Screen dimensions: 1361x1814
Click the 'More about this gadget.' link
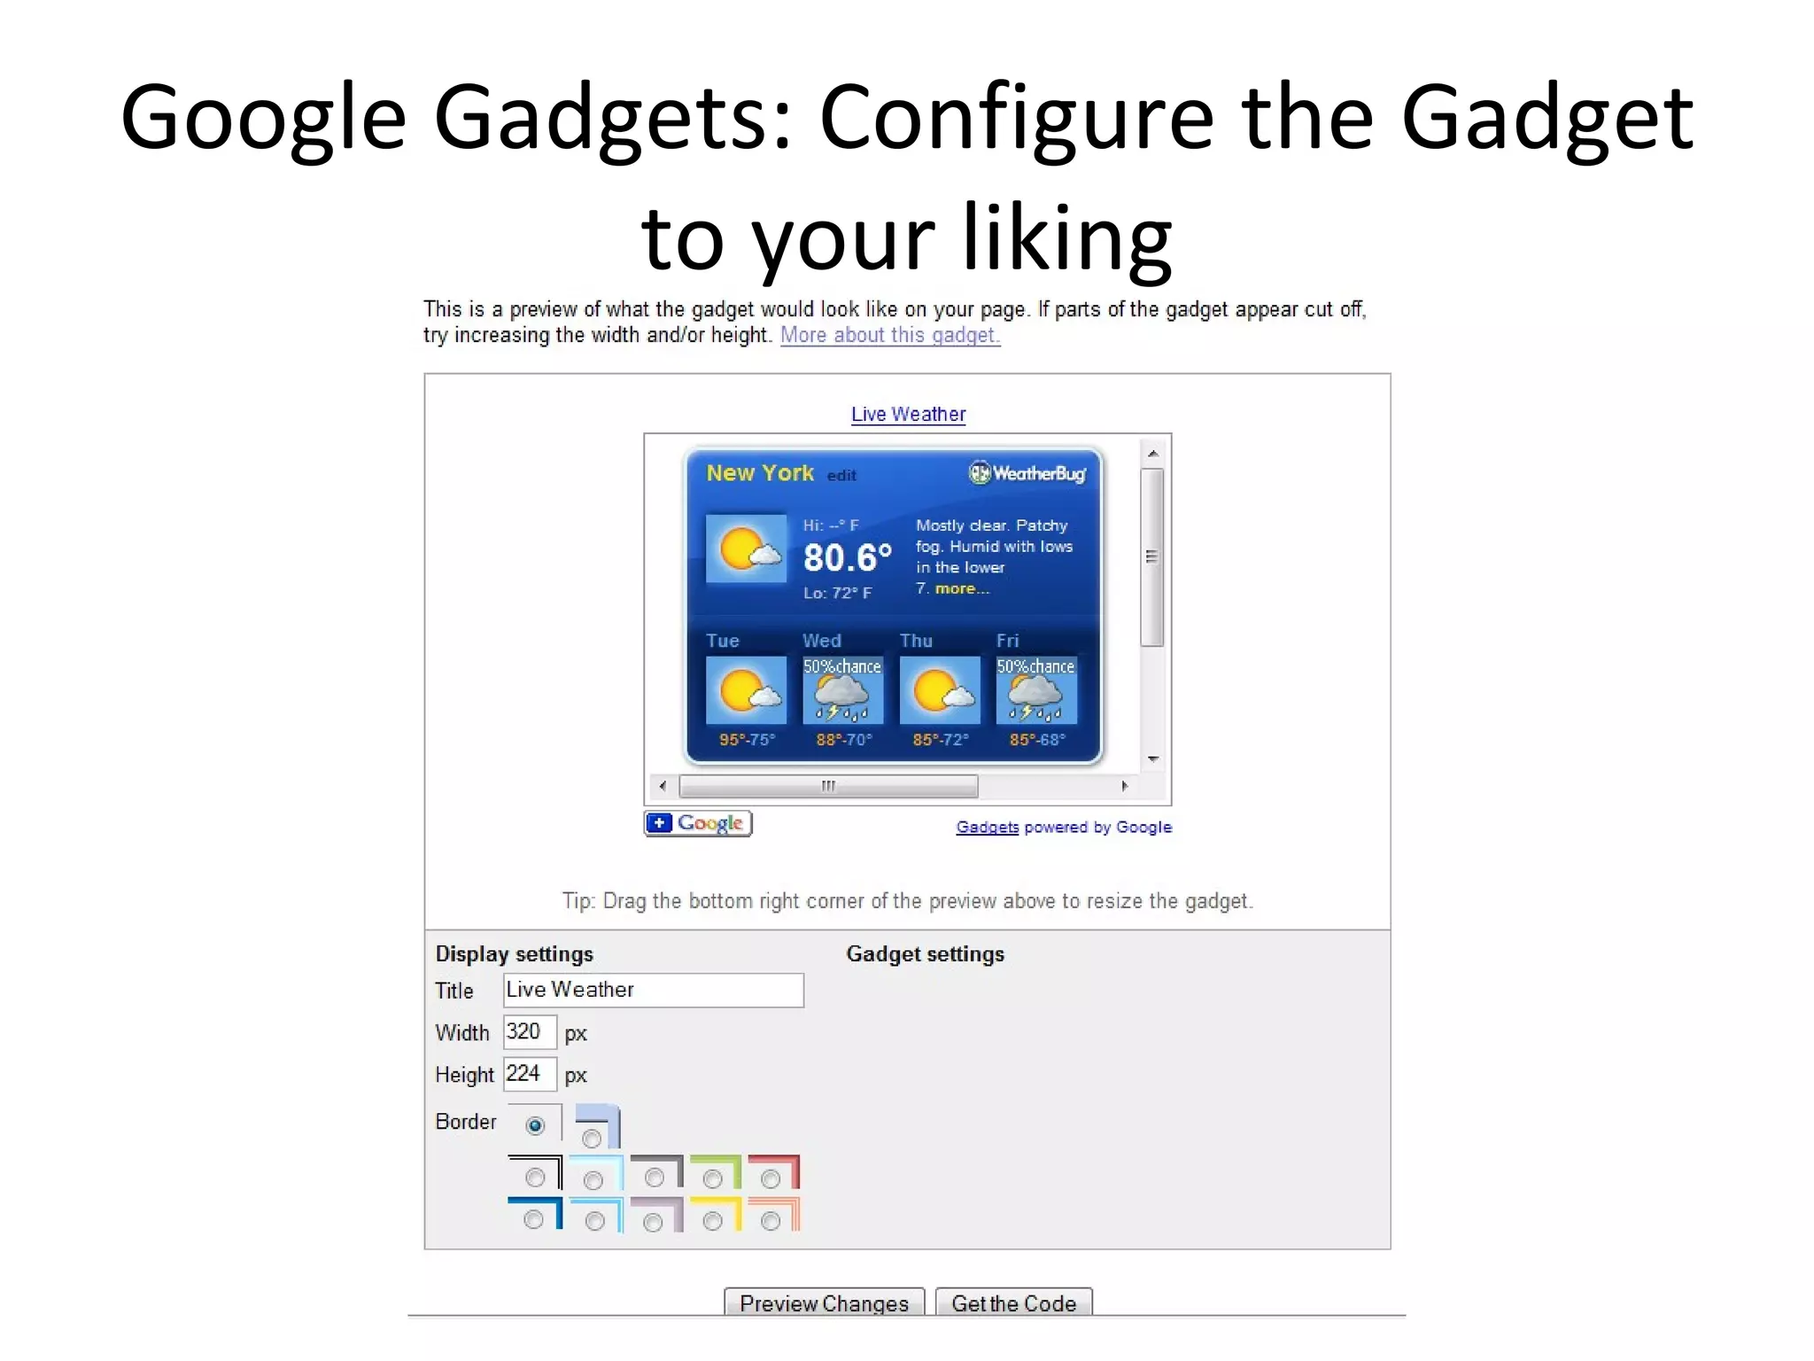tap(889, 336)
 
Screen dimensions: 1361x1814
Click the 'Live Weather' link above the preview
tap(908, 415)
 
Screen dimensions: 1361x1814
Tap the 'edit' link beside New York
tap(841, 476)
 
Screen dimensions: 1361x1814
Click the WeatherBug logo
tap(1027, 473)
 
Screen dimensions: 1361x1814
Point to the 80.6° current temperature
tap(847, 557)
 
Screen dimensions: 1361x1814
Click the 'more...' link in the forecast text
tap(962, 589)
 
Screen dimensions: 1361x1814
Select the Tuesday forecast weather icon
tap(746, 690)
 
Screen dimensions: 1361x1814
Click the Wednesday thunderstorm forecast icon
tap(842, 690)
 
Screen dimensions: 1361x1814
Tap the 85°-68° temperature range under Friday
tap(1037, 740)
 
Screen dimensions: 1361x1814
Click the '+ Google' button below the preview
tap(698, 823)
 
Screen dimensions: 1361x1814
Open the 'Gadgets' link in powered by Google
tap(987, 828)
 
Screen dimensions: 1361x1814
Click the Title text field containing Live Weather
tap(654, 990)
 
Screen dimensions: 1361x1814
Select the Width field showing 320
tap(529, 1032)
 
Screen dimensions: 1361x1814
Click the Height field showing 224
tap(529, 1074)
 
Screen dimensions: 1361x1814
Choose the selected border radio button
tap(535, 1125)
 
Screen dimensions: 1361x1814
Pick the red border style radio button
tap(771, 1178)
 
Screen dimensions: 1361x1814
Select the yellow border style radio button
tap(712, 1222)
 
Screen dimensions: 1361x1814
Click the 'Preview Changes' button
tap(824, 1303)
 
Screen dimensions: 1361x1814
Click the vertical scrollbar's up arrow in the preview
tap(1152, 454)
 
